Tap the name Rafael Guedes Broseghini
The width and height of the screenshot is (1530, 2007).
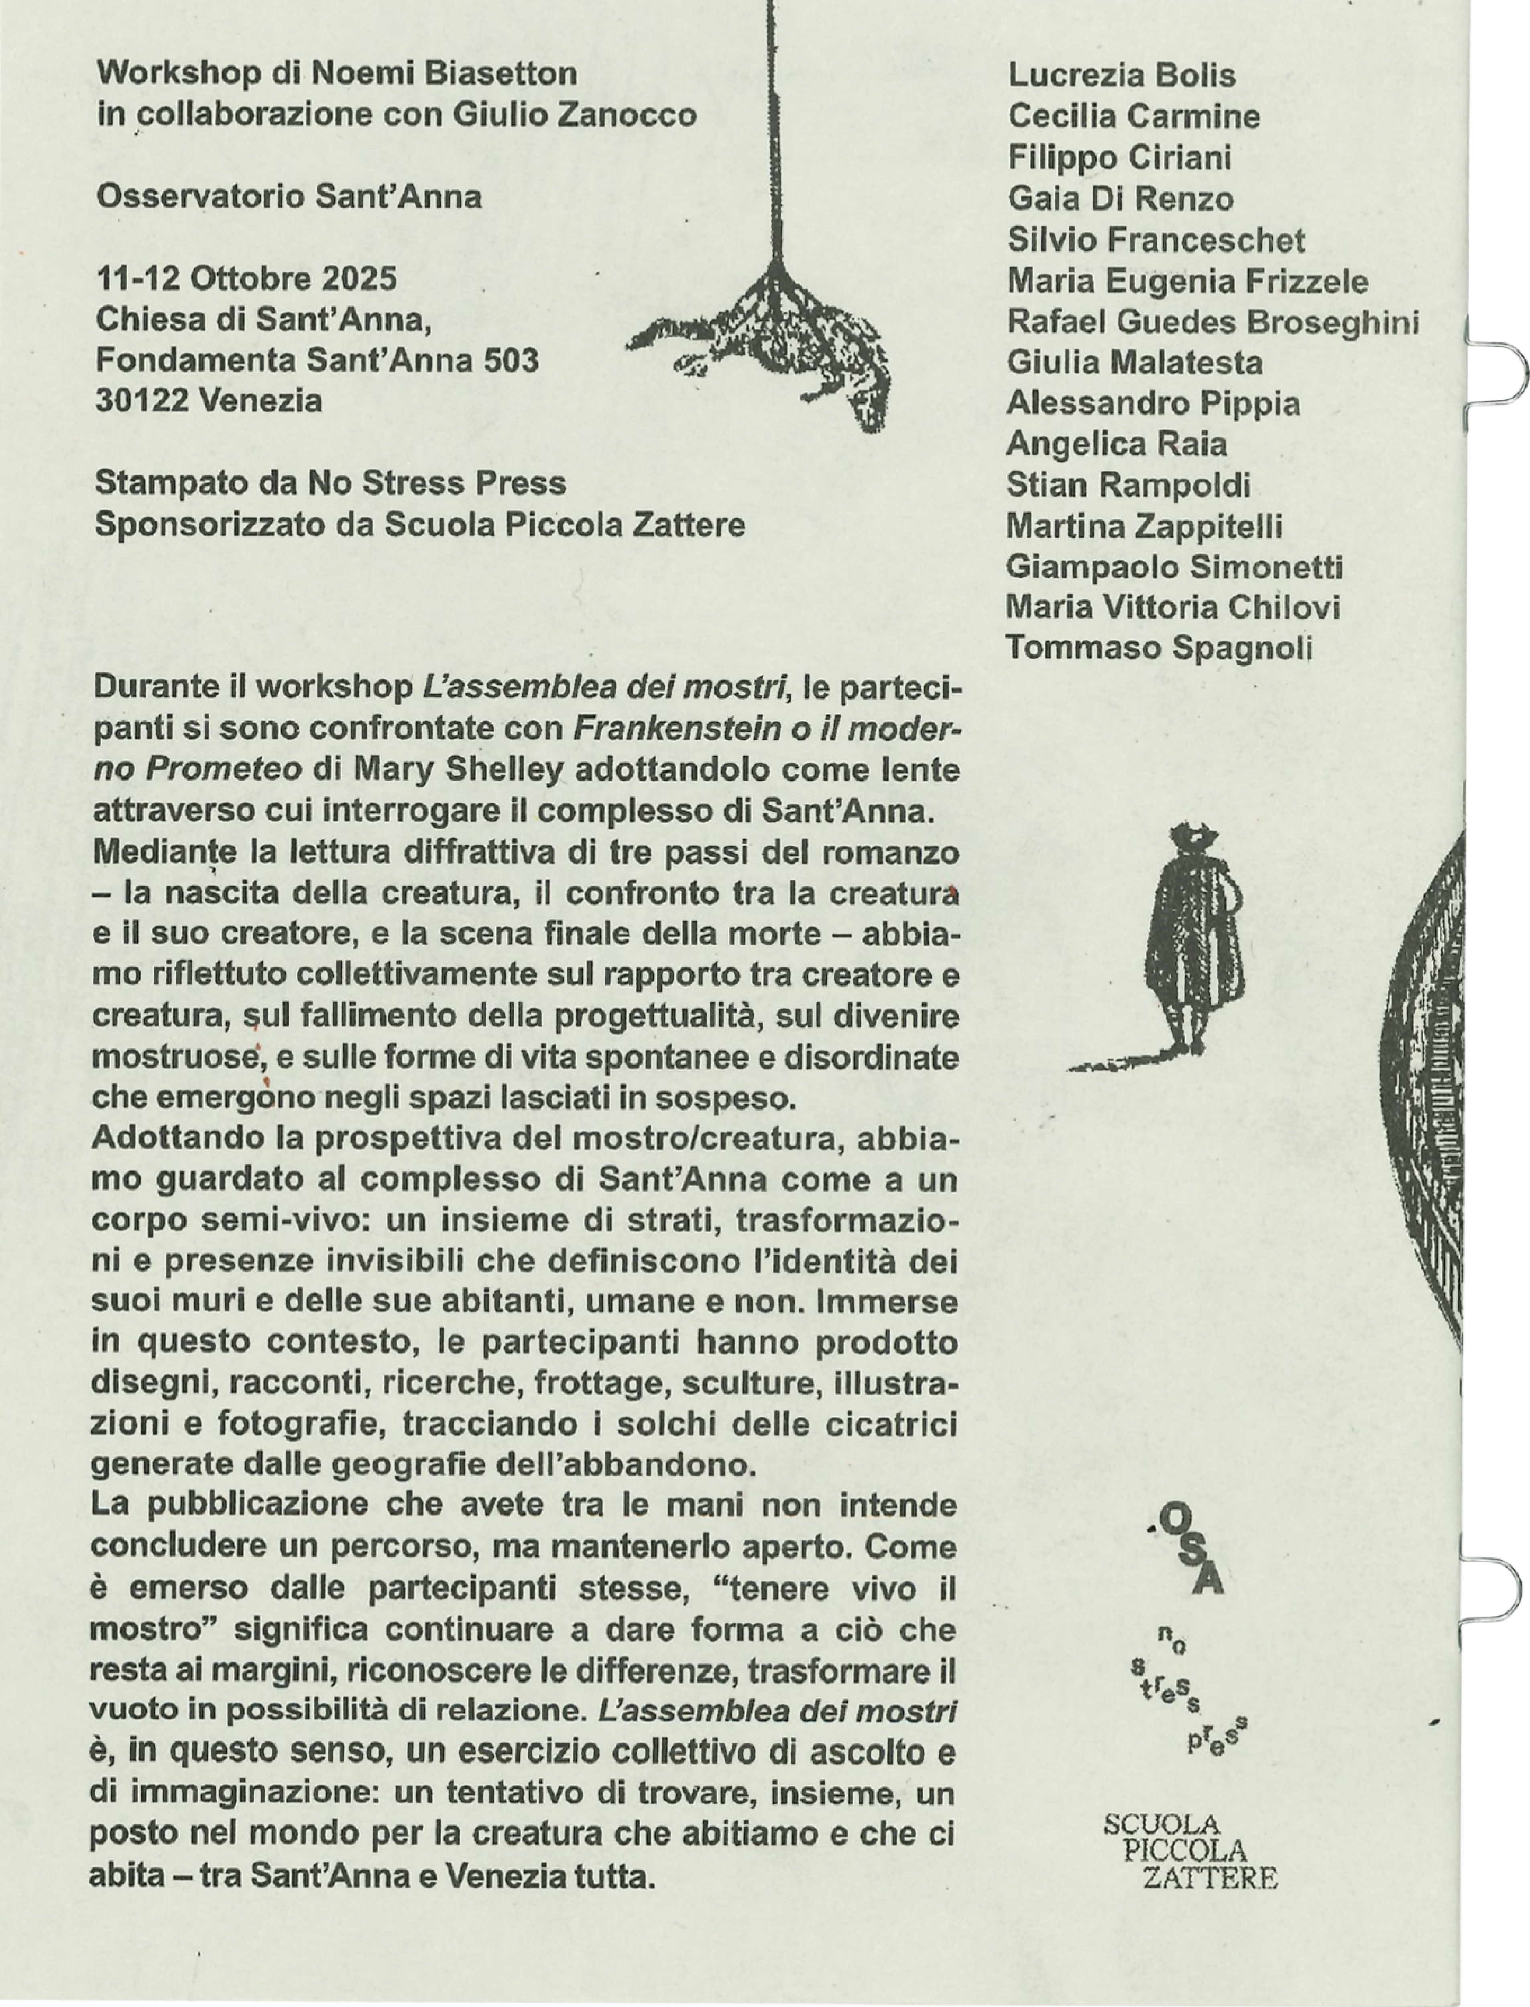tap(1212, 322)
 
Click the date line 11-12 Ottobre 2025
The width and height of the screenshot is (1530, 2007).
tap(246, 278)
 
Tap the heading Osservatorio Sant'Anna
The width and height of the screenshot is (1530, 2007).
tap(289, 197)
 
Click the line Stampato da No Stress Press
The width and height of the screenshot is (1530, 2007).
tap(330, 482)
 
